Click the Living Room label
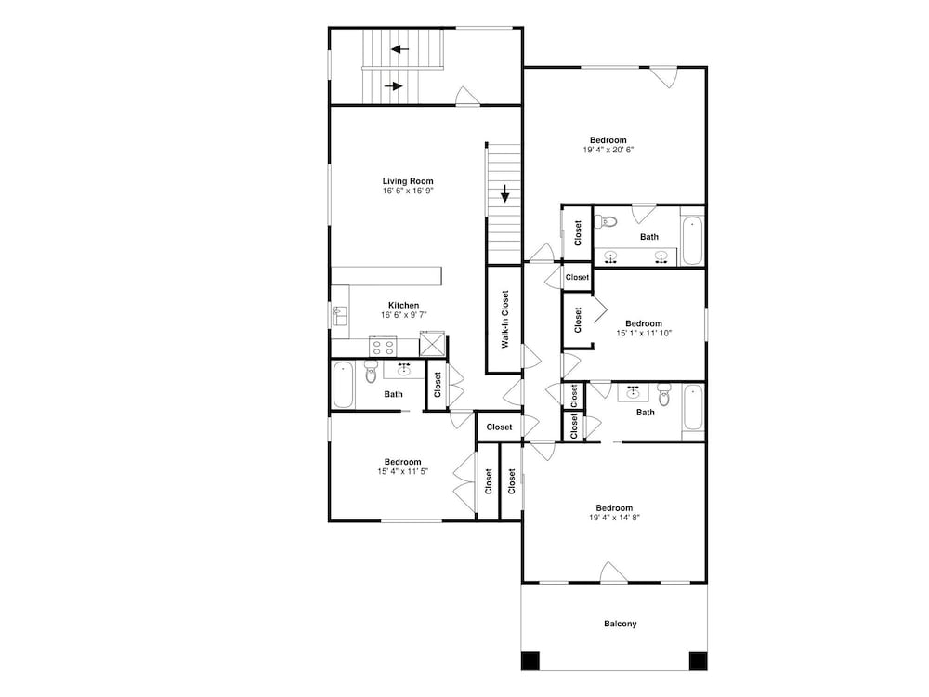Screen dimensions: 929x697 pos(408,181)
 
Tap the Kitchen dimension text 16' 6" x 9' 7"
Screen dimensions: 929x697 pos(403,315)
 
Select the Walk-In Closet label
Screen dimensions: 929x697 pos(504,319)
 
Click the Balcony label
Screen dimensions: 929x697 pos(621,624)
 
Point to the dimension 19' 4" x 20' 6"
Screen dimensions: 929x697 pos(608,150)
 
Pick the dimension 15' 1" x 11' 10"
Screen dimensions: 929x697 pos(644,333)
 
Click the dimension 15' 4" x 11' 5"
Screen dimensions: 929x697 pos(403,472)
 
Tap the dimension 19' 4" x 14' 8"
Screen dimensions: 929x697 pos(614,518)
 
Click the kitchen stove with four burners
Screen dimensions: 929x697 pos(383,346)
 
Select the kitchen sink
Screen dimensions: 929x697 pos(339,315)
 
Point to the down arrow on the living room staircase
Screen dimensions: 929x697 pos(504,193)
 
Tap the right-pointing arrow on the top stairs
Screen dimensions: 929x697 pos(393,86)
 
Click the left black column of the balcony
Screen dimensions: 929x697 pos(530,660)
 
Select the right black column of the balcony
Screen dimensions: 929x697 pos(698,660)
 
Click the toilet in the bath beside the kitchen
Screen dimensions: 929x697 pos(371,371)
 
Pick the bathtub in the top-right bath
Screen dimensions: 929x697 pos(692,242)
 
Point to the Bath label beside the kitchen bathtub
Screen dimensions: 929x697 pos(393,394)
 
